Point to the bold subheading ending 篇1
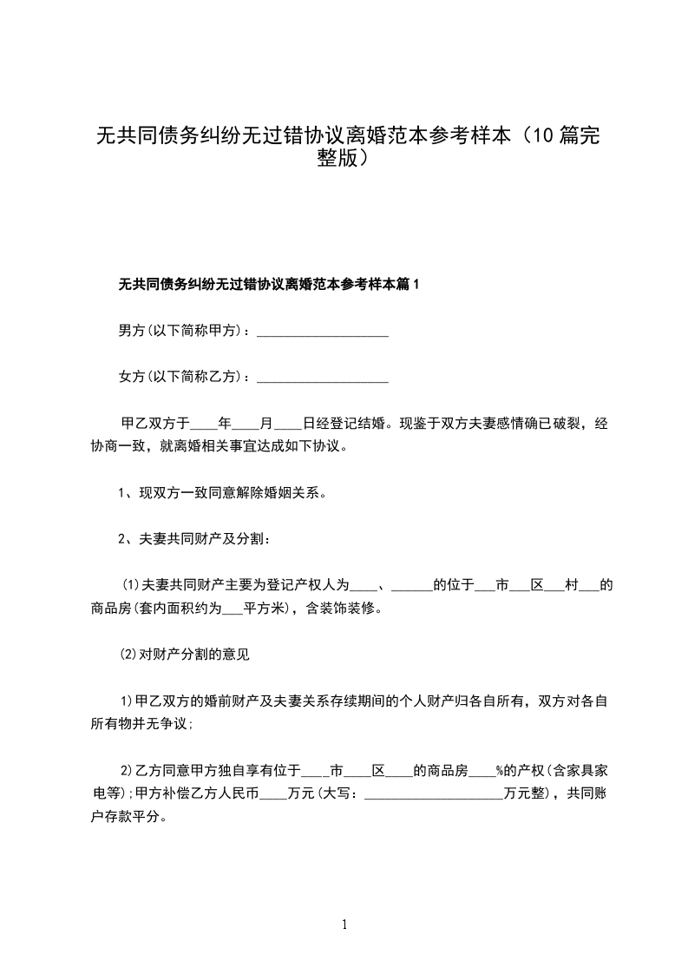point(268,284)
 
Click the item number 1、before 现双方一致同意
point(124,494)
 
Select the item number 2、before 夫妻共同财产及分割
point(124,539)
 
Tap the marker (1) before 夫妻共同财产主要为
point(129,585)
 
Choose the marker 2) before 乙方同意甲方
point(125,769)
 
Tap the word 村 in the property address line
point(571,585)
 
